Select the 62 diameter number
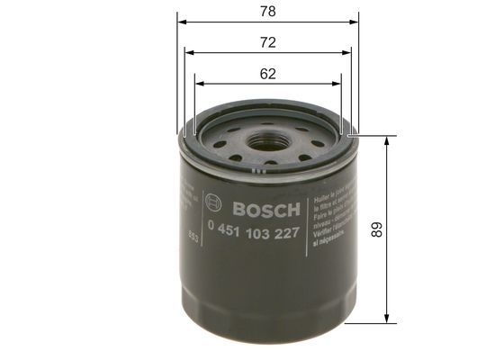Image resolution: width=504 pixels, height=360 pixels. pos(268,75)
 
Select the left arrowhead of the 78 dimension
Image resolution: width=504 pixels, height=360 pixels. pos(180,21)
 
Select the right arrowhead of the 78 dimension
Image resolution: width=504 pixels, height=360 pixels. pos(355,21)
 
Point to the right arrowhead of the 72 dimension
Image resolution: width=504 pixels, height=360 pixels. pos(347,52)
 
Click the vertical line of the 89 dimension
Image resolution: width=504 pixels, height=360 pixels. pos(387,270)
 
